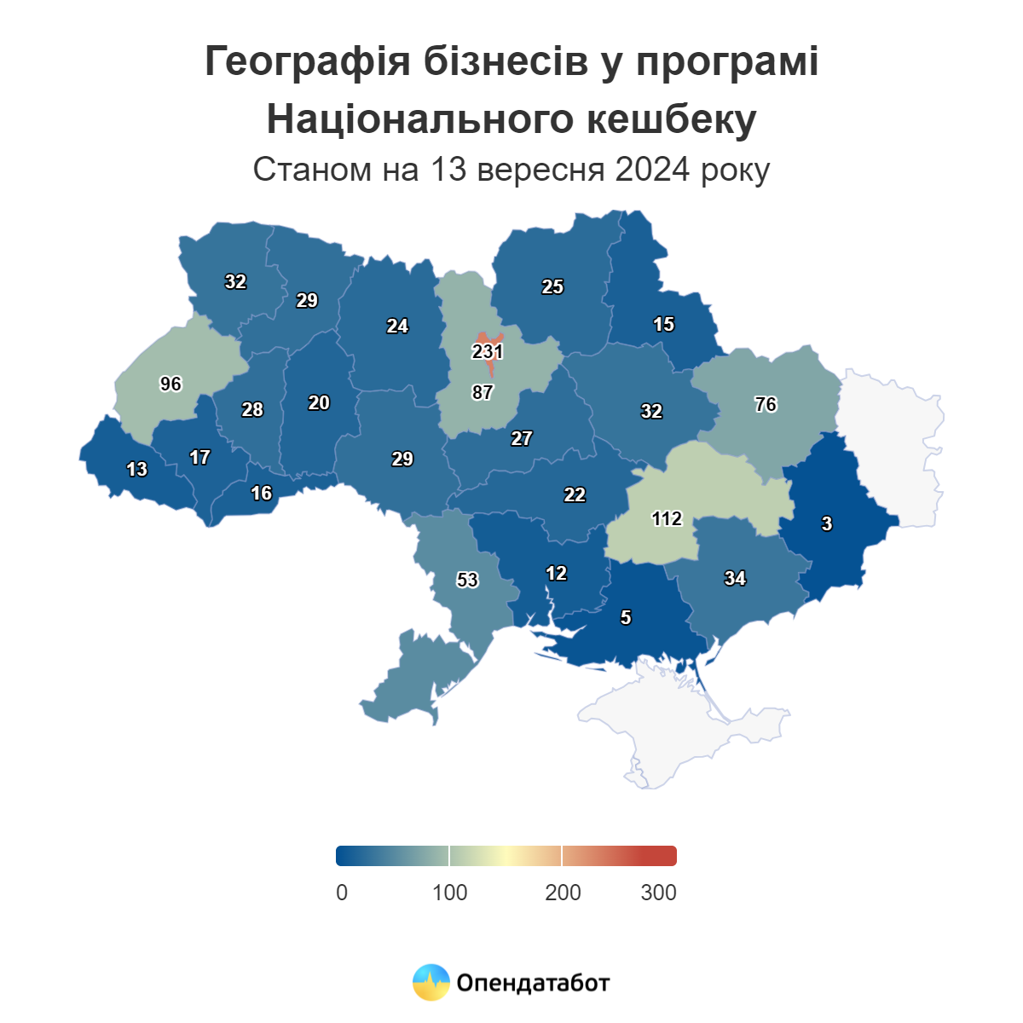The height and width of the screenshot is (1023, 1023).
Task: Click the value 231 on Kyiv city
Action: [x=488, y=351]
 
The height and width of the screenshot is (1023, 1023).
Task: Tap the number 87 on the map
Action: [x=483, y=393]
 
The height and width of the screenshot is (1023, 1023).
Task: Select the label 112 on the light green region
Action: [x=667, y=518]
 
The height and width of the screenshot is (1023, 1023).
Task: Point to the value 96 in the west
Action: [x=171, y=384]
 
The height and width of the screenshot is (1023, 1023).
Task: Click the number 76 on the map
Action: [x=766, y=405]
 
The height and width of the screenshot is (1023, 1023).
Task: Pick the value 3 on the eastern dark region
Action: [x=827, y=524]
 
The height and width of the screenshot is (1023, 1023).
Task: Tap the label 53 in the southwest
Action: [x=467, y=581]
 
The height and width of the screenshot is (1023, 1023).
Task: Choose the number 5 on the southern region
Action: [x=626, y=618]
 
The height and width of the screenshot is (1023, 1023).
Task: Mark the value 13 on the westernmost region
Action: [x=136, y=470]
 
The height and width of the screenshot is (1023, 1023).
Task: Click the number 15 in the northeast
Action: [x=663, y=325]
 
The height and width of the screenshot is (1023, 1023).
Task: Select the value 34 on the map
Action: [x=735, y=579]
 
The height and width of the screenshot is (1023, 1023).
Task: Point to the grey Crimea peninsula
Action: [x=682, y=725]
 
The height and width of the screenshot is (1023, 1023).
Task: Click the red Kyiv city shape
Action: [x=489, y=337]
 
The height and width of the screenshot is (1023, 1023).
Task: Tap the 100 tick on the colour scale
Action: [x=449, y=893]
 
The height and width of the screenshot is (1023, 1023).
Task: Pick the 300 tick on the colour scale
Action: [x=658, y=893]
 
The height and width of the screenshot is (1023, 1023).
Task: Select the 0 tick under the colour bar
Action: [x=342, y=893]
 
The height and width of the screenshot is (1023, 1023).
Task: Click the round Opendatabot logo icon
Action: [x=431, y=982]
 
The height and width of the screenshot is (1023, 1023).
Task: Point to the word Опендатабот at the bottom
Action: [x=533, y=983]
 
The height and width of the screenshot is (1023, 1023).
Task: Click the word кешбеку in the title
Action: [x=671, y=119]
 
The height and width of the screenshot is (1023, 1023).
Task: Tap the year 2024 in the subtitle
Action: [x=652, y=170]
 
